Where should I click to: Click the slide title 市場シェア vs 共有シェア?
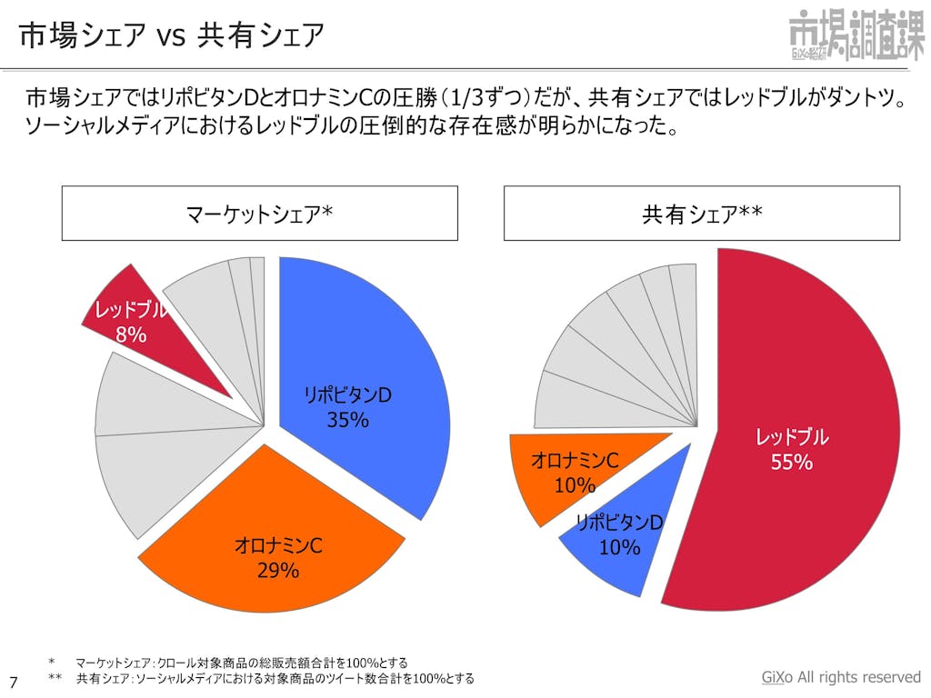pos(172,35)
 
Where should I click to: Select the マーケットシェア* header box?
pos(259,214)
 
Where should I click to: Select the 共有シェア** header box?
pos(702,214)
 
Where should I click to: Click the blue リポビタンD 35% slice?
pos(364,364)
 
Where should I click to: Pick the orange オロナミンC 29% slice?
pos(273,536)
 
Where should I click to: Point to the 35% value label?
pos(347,420)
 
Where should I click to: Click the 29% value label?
pos(278,571)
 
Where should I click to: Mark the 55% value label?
pos(791,462)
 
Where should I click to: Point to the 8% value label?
pos(131,334)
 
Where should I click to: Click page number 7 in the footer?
pos(13,681)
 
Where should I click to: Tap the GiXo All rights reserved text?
pos(841,677)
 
